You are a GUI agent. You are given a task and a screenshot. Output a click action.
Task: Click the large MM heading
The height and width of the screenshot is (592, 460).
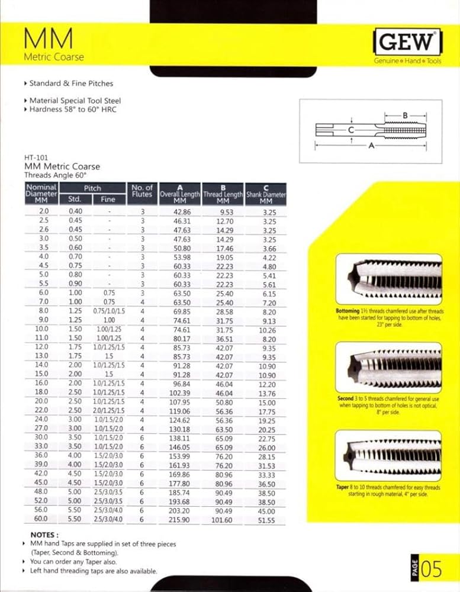[49, 39]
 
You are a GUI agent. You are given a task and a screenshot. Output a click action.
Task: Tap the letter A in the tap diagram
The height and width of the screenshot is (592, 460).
[371, 146]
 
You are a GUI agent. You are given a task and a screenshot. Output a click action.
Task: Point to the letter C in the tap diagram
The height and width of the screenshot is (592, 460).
[351, 130]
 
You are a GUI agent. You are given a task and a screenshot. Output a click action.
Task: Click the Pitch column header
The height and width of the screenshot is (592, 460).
[92, 188]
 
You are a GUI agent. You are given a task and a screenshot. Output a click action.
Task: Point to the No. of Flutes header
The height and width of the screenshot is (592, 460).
[141, 191]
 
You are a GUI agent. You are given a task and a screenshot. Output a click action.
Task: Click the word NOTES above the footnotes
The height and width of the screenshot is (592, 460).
[44, 534]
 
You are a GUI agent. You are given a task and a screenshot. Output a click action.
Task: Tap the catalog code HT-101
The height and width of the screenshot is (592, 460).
[36, 158]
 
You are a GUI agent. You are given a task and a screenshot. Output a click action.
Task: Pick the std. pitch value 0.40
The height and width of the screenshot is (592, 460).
[75, 211]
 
